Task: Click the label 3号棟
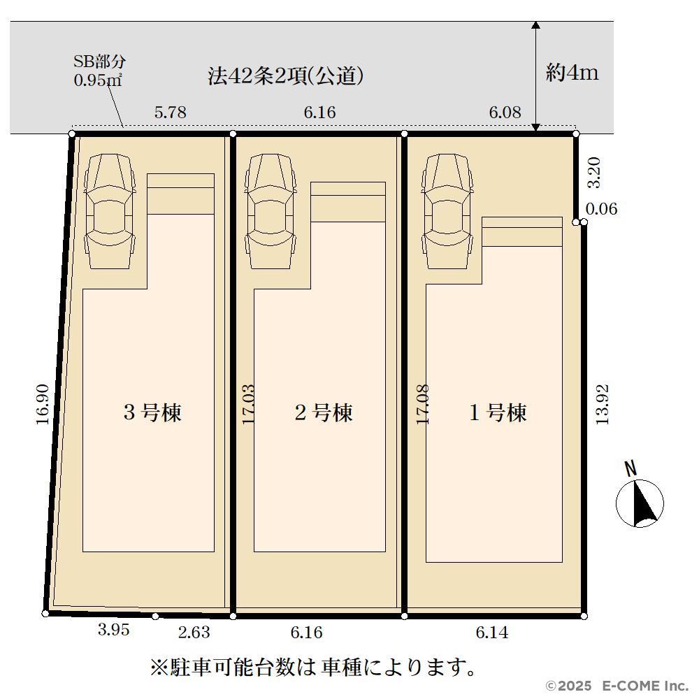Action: click(x=152, y=412)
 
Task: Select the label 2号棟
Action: click(x=324, y=412)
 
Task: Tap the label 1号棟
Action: click(x=498, y=412)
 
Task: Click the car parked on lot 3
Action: click(x=110, y=211)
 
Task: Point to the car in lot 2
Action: click(x=271, y=211)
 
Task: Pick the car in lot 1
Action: click(x=447, y=211)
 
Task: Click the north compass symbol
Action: click(x=640, y=503)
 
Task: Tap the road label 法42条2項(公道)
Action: click(x=285, y=75)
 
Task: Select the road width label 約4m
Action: click(x=572, y=72)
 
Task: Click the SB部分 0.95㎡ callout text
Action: click(x=99, y=71)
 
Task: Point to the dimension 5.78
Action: click(x=171, y=113)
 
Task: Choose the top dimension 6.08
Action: click(x=505, y=113)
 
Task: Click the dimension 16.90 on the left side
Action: click(x=43, y=404)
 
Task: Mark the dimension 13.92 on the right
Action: click(x=602, y=404)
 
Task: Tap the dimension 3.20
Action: click(x=594, y=173)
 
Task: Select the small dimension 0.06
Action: click(x=601, y=208)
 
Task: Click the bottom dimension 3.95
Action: click(x=114, y=630)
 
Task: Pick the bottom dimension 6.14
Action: click(x=492, y=632)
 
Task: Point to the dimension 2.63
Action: click(x=194, y=632)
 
